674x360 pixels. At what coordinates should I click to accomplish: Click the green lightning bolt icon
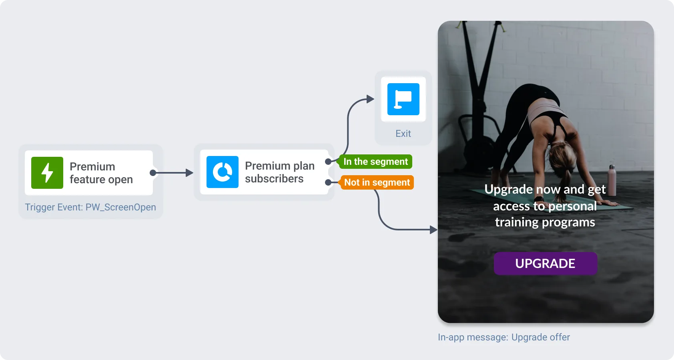(x=47, y=173)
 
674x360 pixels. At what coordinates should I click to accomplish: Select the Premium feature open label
(x=101, y=173)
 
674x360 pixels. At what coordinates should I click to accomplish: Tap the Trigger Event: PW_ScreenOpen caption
(x=90, y=207)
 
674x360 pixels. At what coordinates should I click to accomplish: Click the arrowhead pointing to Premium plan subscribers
(x=189, y=173)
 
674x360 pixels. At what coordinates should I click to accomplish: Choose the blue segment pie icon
(x=223, y=172)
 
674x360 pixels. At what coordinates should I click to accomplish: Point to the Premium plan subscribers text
(x=279, y=172)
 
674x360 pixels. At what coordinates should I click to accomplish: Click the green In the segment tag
(x=375, y=162)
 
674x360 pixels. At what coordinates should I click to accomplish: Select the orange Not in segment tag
(x=377, y=182)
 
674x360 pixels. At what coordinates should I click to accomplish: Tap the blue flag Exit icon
(x=403, y=99)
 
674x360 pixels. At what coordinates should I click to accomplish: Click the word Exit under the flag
(x=403, y=134)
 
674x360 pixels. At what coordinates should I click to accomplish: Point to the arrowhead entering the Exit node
(x=370, y=99)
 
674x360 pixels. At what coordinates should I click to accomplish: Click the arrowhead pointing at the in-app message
(x=433, y=230)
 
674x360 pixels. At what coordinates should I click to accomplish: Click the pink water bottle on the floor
(x=612, y=180)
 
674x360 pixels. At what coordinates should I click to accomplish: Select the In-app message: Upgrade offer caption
(x=503, y=337)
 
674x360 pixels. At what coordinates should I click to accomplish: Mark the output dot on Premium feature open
(x=152, y=173)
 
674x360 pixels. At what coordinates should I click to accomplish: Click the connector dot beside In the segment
(x=328, y=162)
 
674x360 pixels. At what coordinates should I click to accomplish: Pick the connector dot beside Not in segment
(x=328, y=182)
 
